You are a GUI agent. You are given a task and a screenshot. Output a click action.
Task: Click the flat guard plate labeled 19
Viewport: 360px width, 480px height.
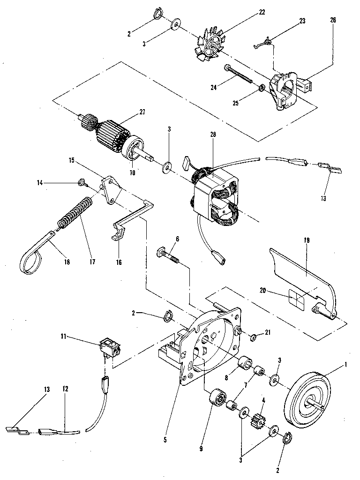[x=300, y=281]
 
